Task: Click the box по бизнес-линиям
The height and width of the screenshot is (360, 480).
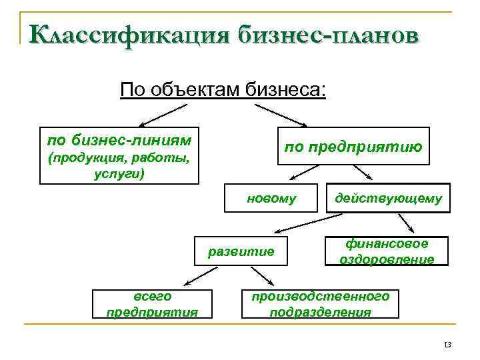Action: (x=119, y=155)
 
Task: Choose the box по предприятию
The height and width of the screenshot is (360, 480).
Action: (x=353, y=145)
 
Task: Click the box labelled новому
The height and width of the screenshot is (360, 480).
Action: (x=271, y=199)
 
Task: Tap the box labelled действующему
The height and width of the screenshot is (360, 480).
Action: (x=388, y=199)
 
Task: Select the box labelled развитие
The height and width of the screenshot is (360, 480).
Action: (x=241, y=251)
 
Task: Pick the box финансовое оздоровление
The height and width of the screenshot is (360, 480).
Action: (x=387, y=251)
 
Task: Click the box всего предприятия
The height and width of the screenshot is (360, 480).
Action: (x=152, y=303)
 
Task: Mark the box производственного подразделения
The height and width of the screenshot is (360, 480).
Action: (x=319, y=303)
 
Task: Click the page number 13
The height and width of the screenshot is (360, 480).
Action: (x=447, y=345)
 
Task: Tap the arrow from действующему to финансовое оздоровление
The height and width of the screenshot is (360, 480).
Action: (x=404, y=222)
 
